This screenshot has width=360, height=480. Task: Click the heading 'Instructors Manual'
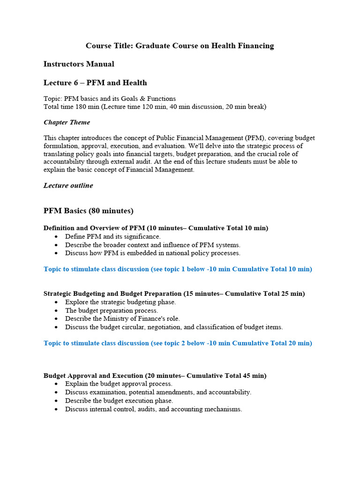(x=79, y=64)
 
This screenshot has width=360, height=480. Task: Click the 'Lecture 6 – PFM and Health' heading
(x=95, y=83)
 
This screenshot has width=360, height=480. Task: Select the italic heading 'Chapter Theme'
(x=67, y=122)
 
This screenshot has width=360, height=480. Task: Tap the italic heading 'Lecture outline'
(x=68, y=186)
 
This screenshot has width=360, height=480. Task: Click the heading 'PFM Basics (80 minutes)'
(x=89, y=211)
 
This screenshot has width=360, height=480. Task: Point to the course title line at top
(x=180, y=45)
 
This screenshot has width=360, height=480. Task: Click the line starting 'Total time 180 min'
(x=155, y=107)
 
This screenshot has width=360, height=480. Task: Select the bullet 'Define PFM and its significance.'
(x=112, y=237)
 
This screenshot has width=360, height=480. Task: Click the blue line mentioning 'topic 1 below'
(x=178, y=269)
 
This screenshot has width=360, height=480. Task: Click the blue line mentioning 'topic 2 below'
(x=178, y=343)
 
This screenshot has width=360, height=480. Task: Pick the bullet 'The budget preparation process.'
(x=112, y=310)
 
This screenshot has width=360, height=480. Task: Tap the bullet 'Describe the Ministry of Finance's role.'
(x=122, y=319)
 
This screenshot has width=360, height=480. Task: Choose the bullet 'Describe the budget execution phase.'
(x=119, y=401)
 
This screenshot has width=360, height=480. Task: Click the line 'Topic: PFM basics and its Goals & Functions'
(x=110, y=99)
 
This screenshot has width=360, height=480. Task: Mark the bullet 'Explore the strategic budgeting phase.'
(x=120, y=302)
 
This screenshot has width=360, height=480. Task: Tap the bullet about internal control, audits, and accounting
(x=153, y=409)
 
